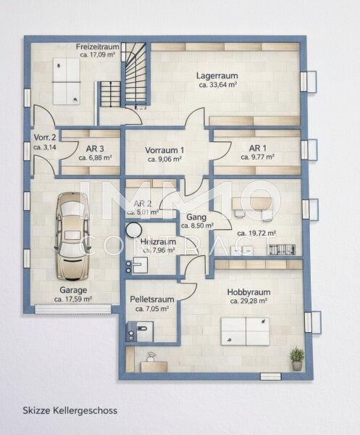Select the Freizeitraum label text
[97, 46]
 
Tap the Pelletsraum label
[151, 299]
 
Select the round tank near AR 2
[134, 231]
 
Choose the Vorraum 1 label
[167, 150]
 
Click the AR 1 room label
[257, 149]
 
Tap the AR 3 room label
[93, 149]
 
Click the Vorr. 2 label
[45, 137]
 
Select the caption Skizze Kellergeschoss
[70, 410]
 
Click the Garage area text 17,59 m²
[74, 299]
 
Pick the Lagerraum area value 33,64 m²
[218, 84]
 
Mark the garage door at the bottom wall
[72, 310]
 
